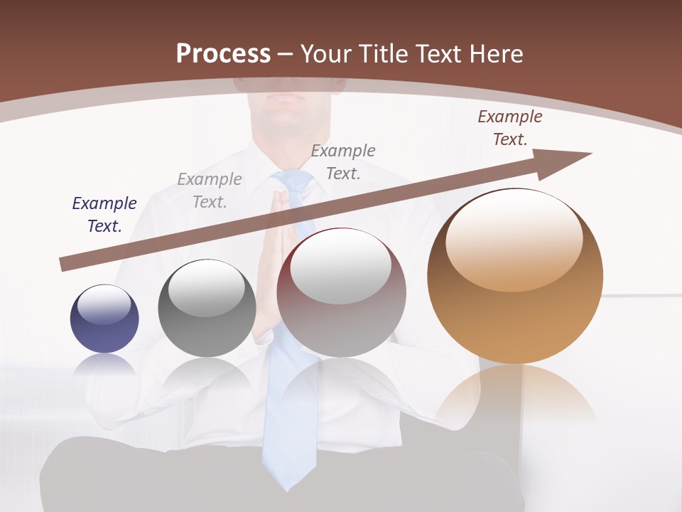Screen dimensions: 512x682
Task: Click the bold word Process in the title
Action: pos(223,54)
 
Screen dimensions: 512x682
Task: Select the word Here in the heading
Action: pos(497,54)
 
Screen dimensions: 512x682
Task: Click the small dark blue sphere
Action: pos(104,319)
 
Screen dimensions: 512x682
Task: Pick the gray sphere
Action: pos(207,309)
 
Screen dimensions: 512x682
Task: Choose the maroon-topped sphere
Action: pos(342,292)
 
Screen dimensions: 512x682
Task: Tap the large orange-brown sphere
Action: pos(515,277)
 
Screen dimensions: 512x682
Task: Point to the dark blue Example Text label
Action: pos(104,215)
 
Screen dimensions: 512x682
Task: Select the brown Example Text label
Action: pos(509,128)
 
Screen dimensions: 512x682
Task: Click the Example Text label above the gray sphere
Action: pos(210,191)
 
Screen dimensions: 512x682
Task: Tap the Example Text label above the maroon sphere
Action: pos(343,161)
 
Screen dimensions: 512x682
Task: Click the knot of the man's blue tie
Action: pos(292,182)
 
